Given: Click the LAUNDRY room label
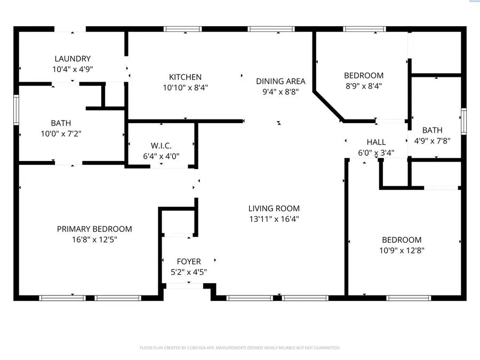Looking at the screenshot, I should [x=73, y=59].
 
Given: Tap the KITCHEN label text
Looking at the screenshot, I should [x=185, y=77].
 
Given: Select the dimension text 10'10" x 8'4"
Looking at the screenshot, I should [x=185, y=87].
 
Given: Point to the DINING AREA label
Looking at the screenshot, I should [x=281, y=81].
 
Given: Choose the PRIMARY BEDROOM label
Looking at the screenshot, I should [x=94, y=229].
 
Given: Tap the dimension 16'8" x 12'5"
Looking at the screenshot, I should [x=94, y=239].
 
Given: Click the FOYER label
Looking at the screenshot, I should [x=189, y=261].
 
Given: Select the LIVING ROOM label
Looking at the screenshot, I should [x=274, y=209].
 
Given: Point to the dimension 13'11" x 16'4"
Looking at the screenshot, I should [x=274, y=219].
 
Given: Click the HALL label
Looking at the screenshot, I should [x=376, y=142].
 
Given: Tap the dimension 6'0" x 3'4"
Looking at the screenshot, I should [x=376, y=153].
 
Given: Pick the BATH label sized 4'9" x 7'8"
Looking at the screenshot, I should [x=432, y=130].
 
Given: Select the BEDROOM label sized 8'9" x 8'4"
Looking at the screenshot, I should [x=363, y=75].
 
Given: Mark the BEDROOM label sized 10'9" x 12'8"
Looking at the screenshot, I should [x=402, y=240].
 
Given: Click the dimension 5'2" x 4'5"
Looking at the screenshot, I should [x=189, y=271].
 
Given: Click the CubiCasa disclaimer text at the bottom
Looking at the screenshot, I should [x=239, y=348].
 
